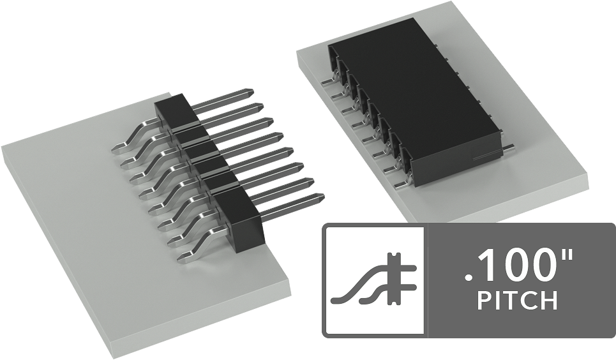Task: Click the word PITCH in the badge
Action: [518, 301]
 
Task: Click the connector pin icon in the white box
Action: [373, 279]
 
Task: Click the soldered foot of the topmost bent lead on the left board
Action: [119, 147]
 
